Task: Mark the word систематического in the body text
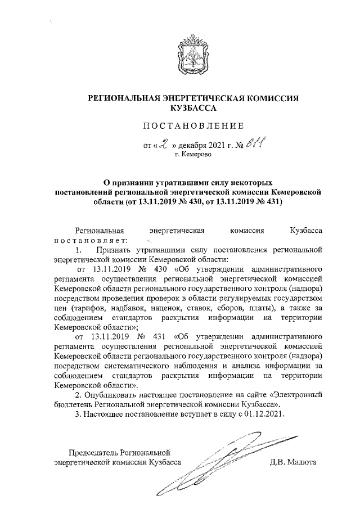(138, 366)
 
